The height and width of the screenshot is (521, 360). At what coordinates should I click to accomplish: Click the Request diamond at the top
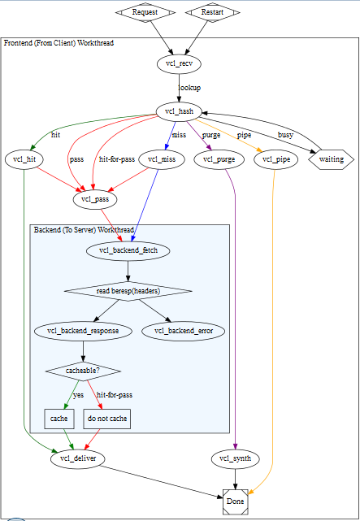[x=145, y=12]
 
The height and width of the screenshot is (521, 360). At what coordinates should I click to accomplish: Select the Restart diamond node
[x=212, y=12]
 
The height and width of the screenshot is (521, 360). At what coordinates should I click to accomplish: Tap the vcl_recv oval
[x=179, y=64]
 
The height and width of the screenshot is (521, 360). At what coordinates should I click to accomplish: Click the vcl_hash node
[x=179, y=111]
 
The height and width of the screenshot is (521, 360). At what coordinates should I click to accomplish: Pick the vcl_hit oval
[x=25, y=160]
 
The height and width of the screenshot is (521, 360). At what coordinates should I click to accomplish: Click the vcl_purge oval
[x=219, y=160]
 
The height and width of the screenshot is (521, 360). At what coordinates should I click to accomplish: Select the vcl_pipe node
[x=276, y=160]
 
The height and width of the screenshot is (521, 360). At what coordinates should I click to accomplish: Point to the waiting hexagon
[x=331, y=160]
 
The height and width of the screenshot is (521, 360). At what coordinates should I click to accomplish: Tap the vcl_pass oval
[x=95, y=200]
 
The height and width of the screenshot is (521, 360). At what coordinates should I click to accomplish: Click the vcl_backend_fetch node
[x=128, y=251]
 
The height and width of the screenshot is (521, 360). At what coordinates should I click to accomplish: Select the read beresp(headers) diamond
[x=128, y=291]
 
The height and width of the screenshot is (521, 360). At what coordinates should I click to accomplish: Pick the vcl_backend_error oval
[x=184, y=332]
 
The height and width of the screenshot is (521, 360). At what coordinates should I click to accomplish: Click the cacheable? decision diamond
[x=83, y=371]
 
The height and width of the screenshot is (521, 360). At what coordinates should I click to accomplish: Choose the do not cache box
[x=107, y=419]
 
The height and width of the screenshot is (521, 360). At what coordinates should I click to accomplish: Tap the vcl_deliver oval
[x=78, y=459]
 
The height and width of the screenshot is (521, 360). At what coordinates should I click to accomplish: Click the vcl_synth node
[x=235, y=459]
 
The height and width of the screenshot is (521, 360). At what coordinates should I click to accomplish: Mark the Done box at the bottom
[x=235, y=501]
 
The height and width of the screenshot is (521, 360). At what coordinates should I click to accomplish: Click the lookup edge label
[x=189, y=88]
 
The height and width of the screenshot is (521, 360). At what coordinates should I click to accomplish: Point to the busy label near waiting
[x=285, y=135]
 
